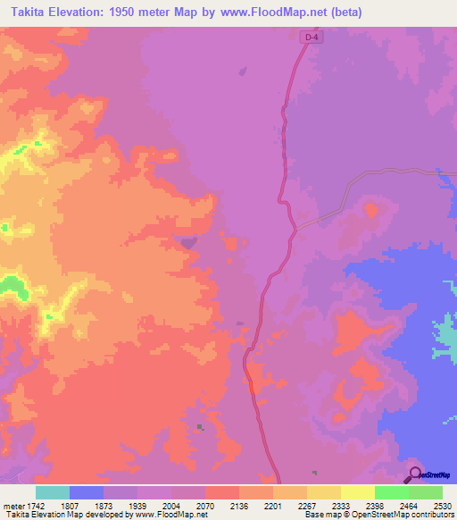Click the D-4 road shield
click(x=309, y=38)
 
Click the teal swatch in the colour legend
click(x=53, y=492)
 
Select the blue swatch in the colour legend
click(x=87, y=492)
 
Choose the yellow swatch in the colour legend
click(x=358, y=492)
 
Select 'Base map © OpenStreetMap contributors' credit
click(x=378, y=515)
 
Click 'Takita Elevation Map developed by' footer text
click(x=66, y=515)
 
